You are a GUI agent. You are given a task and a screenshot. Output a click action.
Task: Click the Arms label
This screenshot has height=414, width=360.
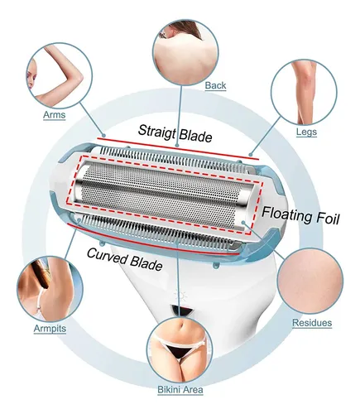click(x=55, y=115)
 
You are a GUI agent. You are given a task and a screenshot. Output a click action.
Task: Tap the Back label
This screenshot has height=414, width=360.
click(x=215, y=85)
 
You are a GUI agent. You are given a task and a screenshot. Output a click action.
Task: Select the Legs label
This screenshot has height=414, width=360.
click(x=306, y=132)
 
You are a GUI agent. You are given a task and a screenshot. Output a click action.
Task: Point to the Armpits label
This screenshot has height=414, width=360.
click(x=50, y=329)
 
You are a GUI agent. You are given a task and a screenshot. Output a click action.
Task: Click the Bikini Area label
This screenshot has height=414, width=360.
click(x=180, y=390)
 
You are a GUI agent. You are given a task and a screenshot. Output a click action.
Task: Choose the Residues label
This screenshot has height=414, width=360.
click(x=312, y=323)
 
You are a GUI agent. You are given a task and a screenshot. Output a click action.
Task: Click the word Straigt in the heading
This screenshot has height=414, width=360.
click(x=156, y=132)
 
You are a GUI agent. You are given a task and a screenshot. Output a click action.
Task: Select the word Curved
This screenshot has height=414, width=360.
click(x=108, y=255)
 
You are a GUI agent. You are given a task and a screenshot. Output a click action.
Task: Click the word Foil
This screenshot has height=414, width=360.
click(x=328, y=219)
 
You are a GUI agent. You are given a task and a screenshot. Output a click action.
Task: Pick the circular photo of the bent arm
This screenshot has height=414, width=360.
click(x=60, y=75)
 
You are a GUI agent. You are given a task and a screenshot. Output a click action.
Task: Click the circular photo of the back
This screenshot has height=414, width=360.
click(x=185, y=52)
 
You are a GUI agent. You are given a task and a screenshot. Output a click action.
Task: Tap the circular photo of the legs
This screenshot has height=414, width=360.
click(x=304, y=93)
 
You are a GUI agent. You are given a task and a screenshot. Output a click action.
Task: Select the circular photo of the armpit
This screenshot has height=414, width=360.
click(x=50, y=289)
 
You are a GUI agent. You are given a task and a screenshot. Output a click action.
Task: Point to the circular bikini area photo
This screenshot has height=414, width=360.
click(x=180, y=349)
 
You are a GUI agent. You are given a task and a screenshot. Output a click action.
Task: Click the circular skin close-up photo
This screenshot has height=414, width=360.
click(x=310, y=282)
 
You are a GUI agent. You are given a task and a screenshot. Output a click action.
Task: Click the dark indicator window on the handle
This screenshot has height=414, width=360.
click(x=181, y=310)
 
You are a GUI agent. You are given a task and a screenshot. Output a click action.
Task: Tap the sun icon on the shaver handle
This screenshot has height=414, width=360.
click(x=180, y=296)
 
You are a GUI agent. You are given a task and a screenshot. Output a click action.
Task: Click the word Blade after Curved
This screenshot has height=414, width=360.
click(x=146, y=263)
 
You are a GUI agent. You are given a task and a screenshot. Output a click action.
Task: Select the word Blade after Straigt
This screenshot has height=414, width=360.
click(x=195, y=135)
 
